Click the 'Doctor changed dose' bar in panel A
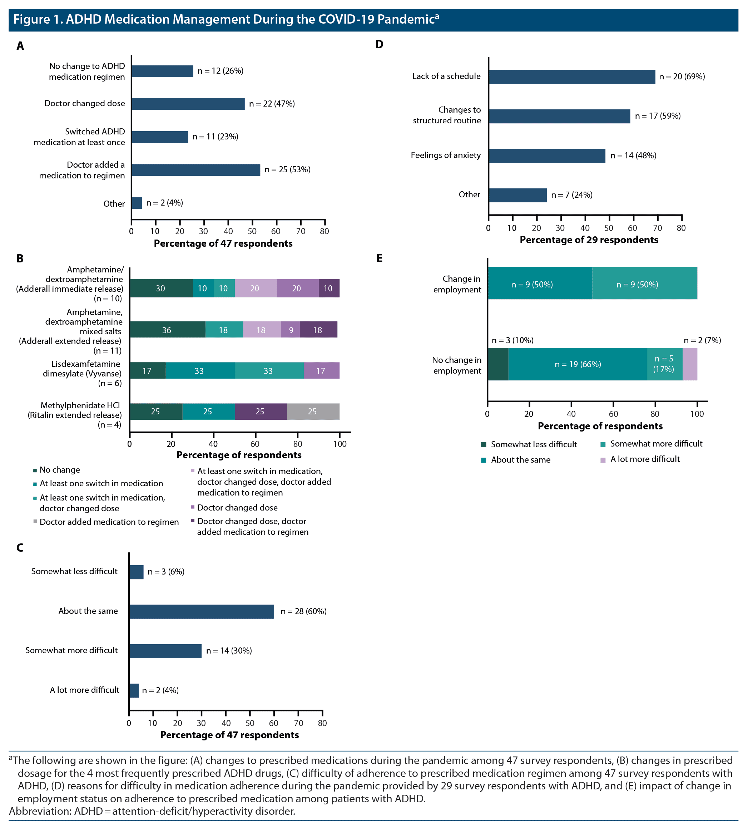[x=188, y=104]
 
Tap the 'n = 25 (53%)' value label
[x=287, y=169]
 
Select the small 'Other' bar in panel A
[x=137, y=203]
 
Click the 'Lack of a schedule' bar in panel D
[x=571, y=77]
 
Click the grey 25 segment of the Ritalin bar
[x=313, y=411]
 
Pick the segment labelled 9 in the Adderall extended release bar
[x=290, y=330]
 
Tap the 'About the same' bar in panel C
[x=201, y=612]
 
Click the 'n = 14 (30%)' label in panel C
[x=229, y=651]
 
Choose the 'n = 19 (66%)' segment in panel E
[x=577, y=364]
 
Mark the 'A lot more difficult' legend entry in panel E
[x=645, y=459]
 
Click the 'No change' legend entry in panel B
[x=60, y=470]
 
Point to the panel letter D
[x=379, y=44]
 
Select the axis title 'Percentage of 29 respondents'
[x=589, y=240]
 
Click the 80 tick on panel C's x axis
[x=322, y=723]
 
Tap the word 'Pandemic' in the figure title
[x=406, y=19]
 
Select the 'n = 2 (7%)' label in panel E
[x=702, y=340]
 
